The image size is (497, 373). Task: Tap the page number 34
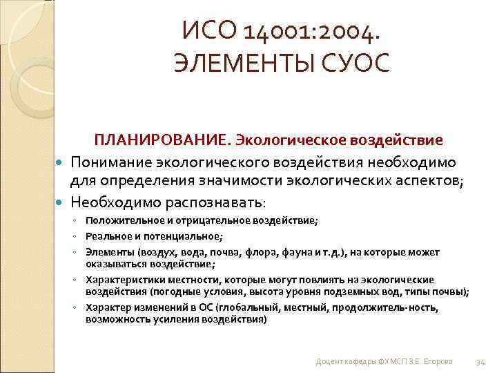click(481, 362)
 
